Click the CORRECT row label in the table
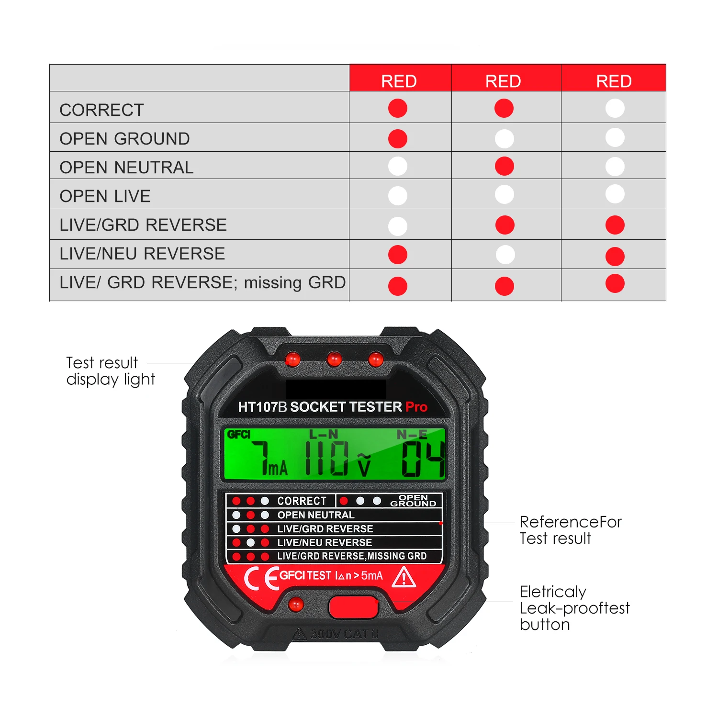[101, 110]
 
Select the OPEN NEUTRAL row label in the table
[126, 168]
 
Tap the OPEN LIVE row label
[105, 196]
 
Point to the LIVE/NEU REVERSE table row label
[142, 254]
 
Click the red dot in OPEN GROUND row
[398, 139]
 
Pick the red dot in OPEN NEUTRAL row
[505, 167]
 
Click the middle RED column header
[503, 81]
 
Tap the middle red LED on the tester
[334, 359]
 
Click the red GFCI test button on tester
[354, 607]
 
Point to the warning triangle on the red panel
[404, 577]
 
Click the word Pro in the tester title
[416, 407]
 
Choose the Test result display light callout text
[110, 371]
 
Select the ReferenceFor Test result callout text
[571, 530]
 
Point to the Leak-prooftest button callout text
[574, 608]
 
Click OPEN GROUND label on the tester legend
[413, 501]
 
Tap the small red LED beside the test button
[296, 604]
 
